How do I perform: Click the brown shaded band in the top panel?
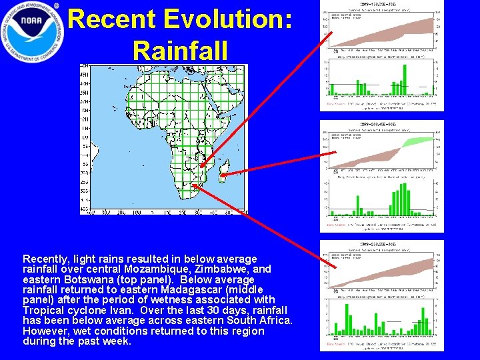tap(393, 33)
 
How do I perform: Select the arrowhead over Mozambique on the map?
tap(201, 163)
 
